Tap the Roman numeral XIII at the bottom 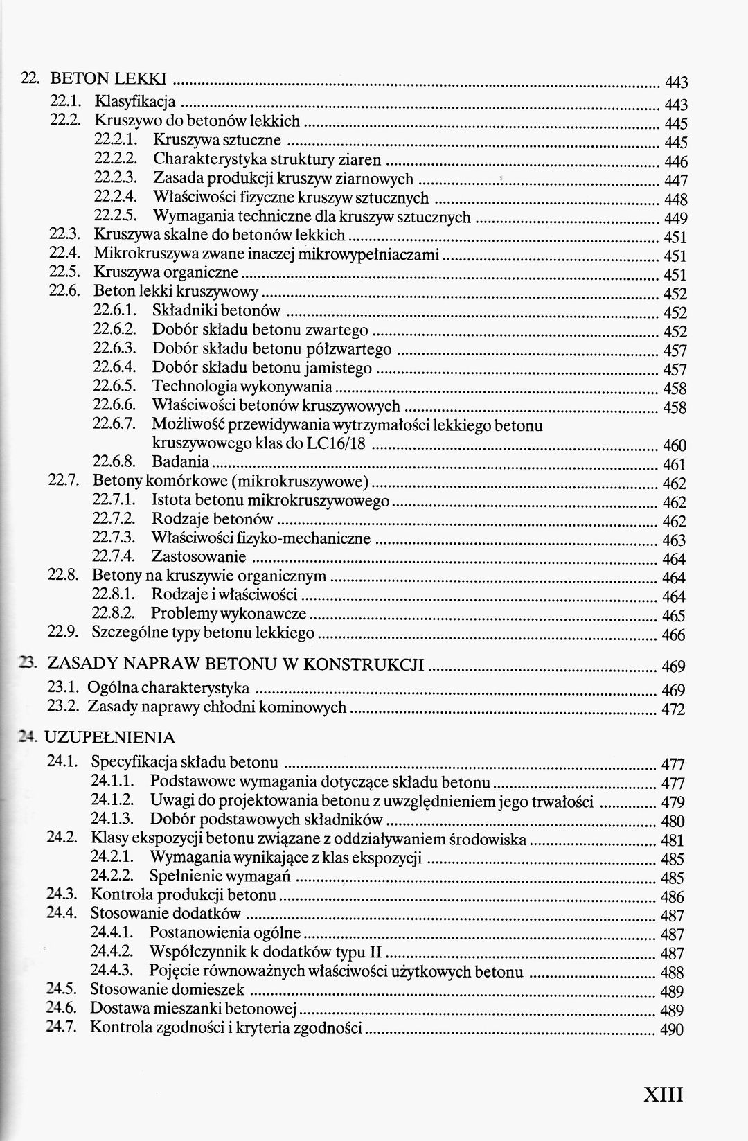tap(663, 1094)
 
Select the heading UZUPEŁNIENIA tap(109, 737)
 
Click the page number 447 tap(675, 181)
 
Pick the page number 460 tap(675, 445)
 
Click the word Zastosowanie tap(198, 556)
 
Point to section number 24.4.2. tap(112, 951)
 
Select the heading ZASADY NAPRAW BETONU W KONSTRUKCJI tap(235, 664)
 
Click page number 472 tap(673, 709)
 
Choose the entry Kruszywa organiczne tap(166, 272)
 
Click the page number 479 tap(673, 803)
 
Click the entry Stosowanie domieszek tap(168, 989)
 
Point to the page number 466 tap(673, 635)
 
